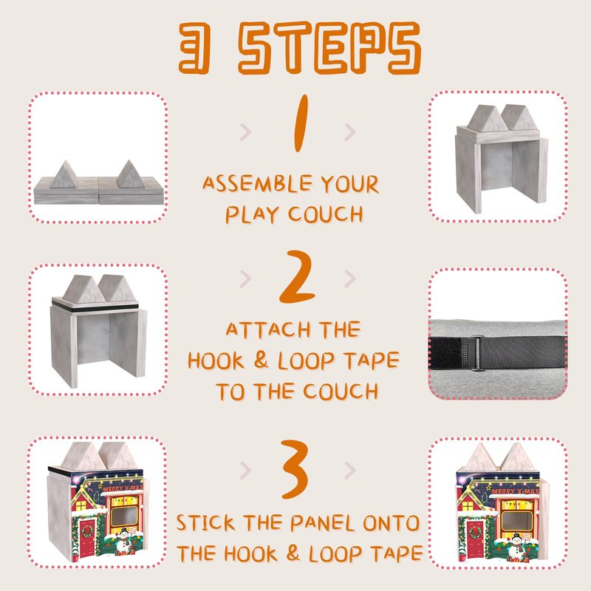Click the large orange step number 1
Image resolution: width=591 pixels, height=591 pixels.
click(301, 123)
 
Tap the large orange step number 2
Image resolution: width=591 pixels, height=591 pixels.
click(297, 276)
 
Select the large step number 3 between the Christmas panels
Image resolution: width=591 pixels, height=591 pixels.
click(294, 469)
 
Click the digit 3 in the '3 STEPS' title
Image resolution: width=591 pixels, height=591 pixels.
click(194, 47)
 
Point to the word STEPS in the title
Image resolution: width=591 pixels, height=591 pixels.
click(329, 47)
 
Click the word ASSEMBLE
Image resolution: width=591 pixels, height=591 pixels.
click(257, 183)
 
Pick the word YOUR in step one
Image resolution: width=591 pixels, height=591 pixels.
click(349, 183)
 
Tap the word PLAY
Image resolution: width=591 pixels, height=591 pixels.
click(253, 214)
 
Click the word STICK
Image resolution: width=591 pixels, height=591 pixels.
click(205, 523)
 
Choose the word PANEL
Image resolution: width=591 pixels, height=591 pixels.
click(322, 523)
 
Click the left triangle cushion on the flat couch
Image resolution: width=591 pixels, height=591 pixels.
click(64, 174)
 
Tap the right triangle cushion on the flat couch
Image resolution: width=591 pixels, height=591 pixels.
click(131, 174)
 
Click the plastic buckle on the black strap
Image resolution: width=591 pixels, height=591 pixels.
click(477, 354)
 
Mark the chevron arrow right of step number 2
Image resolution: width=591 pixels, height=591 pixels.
click(350, 279)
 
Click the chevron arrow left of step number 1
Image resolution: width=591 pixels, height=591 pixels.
click(245, 132)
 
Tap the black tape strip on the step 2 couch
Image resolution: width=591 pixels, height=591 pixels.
click(95, 307)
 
